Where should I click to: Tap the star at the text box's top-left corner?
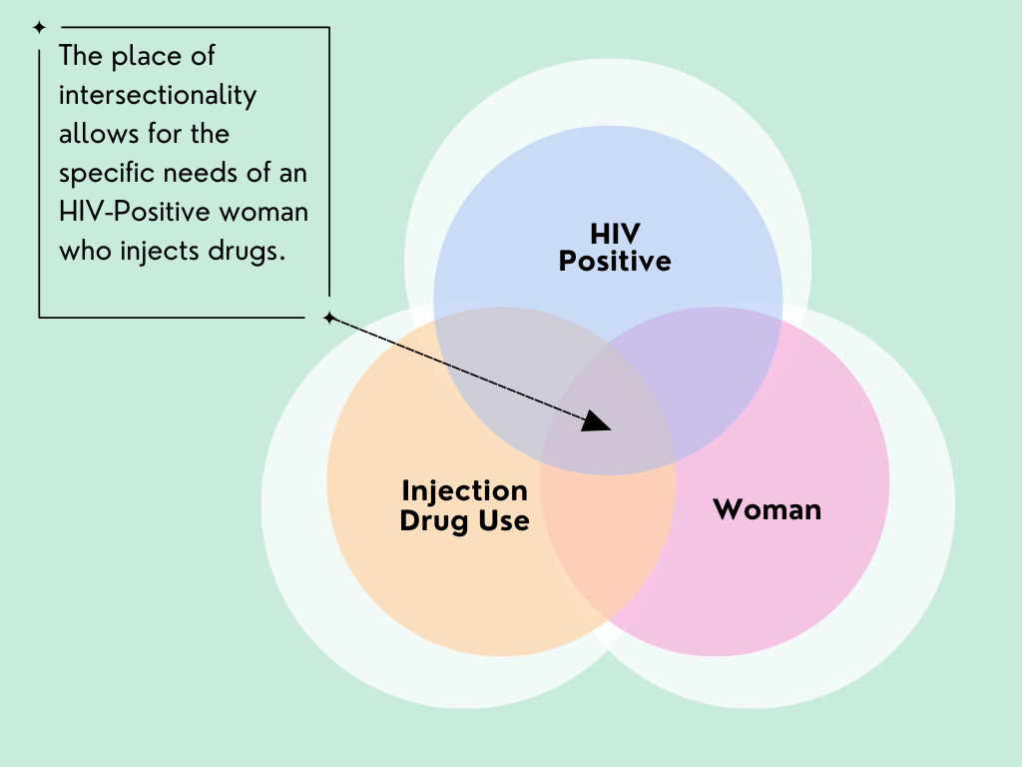pyautogui.click(x=39, y=27)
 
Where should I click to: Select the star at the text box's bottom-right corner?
pyautogui.click(x=329, y=318)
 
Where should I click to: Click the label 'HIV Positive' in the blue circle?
pyautogui.click(x=615, y=248)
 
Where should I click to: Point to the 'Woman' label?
pyautogui.click(x=767, y=509)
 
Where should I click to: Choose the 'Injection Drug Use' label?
pyautogui.click(x=464, y=506)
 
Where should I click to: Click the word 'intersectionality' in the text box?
pyautogui.click(x=158, y=95)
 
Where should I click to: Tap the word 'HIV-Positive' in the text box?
pyautogui.click(x=135, y=212)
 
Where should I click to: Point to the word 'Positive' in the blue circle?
pyautogui.click(x=615, y=261)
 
